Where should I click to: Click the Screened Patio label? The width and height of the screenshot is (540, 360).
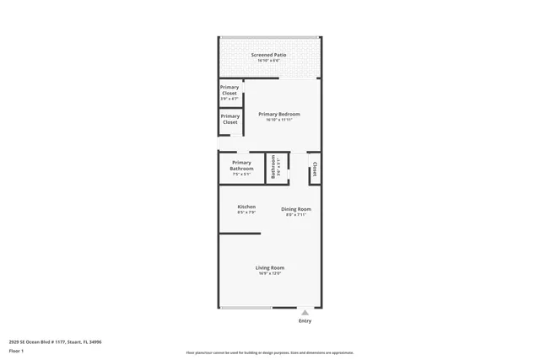[269, 55]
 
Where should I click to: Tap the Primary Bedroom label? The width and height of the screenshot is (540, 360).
[278, 114]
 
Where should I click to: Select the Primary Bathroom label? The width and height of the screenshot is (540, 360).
[241, 165]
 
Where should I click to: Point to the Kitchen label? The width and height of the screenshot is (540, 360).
[246, 207]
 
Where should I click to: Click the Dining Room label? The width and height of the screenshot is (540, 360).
[296, 209]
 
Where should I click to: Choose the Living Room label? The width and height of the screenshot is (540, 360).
[270, 267]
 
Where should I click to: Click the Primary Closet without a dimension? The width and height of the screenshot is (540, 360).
[229, 119]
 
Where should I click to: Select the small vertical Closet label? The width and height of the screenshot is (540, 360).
[315, 169]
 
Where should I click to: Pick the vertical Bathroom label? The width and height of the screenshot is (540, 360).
[273, 167]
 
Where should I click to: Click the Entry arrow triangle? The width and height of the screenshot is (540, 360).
[305, 312]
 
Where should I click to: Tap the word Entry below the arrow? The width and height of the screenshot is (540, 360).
[305, 321]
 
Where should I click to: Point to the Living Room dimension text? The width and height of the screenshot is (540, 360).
[270, 273]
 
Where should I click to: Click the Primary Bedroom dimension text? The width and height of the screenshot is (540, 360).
[278, 120]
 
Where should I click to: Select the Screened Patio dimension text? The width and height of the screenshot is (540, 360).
[269, 61]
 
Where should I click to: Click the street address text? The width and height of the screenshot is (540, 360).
[56, 341]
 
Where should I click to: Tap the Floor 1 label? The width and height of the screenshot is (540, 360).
[17, 352]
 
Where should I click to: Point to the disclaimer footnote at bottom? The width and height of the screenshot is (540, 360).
[270, 352]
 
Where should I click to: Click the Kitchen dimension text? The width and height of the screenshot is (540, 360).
[246, 212]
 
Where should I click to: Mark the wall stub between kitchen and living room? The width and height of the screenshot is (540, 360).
[240, 234]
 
